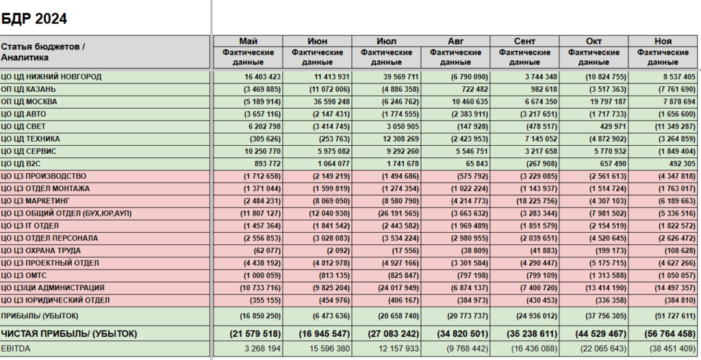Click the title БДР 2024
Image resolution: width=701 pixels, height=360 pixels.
(x=34, y=19)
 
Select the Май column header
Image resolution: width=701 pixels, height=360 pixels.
(x=248, y=41)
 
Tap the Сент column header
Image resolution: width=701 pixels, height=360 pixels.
(x=524, y=41)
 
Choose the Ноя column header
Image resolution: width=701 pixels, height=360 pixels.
(x=662, y=41)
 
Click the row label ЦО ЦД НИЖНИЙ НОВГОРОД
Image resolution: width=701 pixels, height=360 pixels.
(x=51, y=77)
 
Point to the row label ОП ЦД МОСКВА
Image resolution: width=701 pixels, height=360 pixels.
(x=30, y=101)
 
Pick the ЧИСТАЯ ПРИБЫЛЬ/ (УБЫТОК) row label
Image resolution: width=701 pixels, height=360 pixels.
(x=69, y=334)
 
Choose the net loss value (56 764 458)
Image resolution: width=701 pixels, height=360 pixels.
(x=663, y=334)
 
